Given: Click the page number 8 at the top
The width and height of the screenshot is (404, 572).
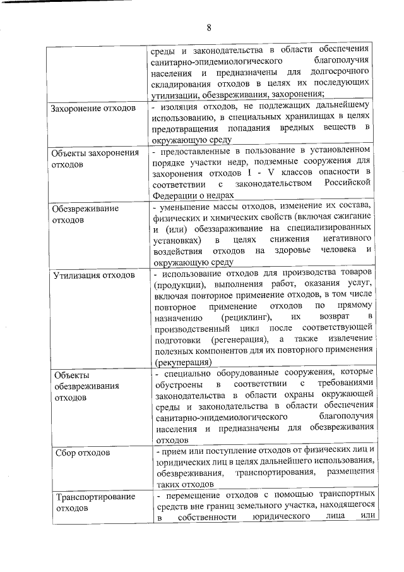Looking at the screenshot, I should [208, 27].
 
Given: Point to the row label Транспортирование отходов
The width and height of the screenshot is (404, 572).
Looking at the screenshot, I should [95, 502].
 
